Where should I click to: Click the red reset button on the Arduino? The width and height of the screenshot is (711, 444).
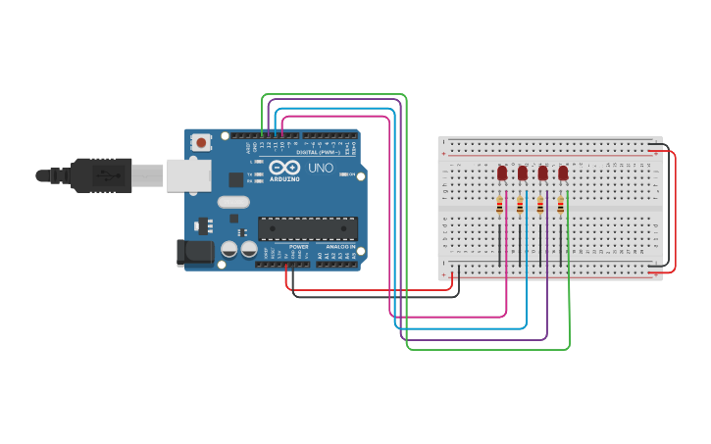tap(201, 142)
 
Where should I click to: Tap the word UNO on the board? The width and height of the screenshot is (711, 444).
tap(322, 169)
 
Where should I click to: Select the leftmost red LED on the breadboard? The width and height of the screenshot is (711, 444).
tap(502, 173)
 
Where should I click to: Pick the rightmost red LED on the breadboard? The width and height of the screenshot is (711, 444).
tap(563, 173)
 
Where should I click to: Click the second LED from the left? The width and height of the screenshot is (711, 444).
tap(523, 173)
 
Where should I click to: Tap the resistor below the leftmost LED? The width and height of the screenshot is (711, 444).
tap(499, 205)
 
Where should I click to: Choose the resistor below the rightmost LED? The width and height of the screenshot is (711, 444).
tap(560, 205)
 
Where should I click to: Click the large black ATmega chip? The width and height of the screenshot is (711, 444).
tap(307, 228)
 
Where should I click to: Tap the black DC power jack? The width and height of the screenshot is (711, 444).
tap(194, 253)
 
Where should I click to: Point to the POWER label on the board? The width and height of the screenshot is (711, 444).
tap(298, 247)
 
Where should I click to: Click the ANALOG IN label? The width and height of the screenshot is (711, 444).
tap(340, 247)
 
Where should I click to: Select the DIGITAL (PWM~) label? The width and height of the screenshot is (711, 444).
tap(320, 152)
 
